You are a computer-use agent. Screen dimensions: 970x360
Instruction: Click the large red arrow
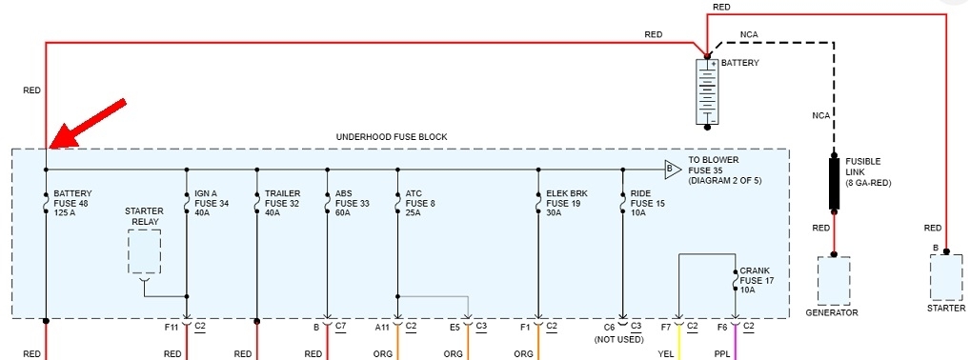(x=88, y=123)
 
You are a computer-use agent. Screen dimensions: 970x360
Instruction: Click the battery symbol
(x=707, y=91)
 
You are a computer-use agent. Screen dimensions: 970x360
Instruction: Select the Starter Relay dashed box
(x=144, y=251)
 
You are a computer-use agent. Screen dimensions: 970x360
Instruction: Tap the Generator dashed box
(x=834, y=280)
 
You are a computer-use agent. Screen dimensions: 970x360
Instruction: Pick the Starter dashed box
(x=946, y=277)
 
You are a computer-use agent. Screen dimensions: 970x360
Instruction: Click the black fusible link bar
(x=834, y=184)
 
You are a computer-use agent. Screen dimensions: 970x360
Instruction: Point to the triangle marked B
(x=672, y=169)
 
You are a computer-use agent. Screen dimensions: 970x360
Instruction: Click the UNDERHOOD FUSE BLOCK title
(x=391, y=137)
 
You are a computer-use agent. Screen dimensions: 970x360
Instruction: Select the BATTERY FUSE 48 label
(x=73, y=203)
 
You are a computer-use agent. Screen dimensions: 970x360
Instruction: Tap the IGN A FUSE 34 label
(x=212, y=203)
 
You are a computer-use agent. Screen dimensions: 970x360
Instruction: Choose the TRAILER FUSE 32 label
(x=283, y=203)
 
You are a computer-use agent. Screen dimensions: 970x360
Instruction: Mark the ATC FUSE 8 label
(x=420, y=203)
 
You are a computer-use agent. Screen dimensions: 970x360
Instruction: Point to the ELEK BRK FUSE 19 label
(x=567, y=203)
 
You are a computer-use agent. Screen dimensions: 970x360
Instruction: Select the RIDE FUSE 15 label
(x=648, y=203)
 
